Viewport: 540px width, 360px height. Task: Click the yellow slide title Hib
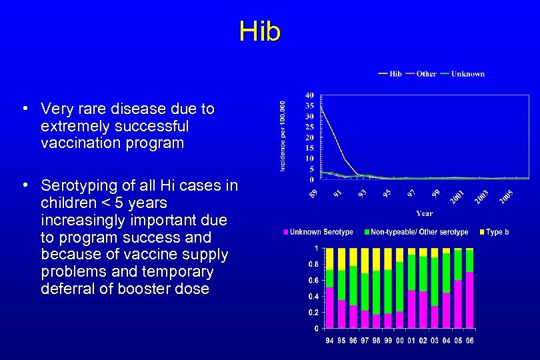pyautogui.click(x=260, y=31)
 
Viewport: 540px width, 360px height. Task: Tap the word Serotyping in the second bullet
pyautogui.click(x=75, y=185)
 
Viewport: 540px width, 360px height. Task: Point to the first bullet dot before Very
pyautogui.click(x=24, y=108)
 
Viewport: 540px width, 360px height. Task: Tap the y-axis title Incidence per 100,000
pyautogui.click(x=283, y=136)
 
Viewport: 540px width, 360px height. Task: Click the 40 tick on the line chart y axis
pyautogui.click(x=310, y=95)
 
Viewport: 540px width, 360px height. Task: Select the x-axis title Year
pyautogui.click(x=425, y=213)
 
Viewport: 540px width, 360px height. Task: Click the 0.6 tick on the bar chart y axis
pyautogui.click(x=311, y=280)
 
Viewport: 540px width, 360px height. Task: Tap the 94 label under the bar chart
pyautogui.click(x=329, y=340)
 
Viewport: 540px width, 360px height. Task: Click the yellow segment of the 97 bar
pyautogui.click(x=364, y=261)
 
